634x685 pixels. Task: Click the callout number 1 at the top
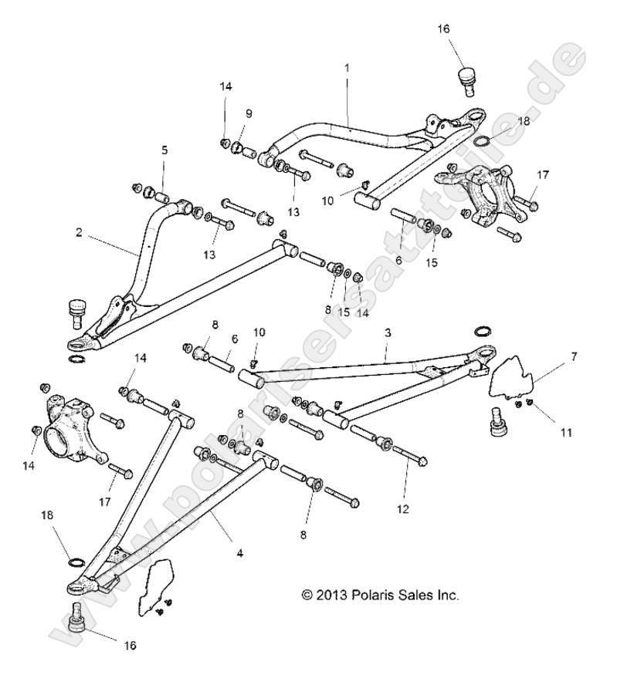[x=347, y=68]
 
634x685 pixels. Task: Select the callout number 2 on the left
[x=80, y=231]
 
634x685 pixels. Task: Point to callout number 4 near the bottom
[x=239, y=552]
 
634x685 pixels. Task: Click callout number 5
[x=164, y=150]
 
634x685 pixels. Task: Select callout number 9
[x=249, y=113]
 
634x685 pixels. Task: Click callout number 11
[x=566, y=433]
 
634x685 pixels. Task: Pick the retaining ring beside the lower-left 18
[x=76, y=562]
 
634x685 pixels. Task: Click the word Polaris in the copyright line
[x=351, y=595]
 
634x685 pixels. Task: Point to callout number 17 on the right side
[x=544, y=175]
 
